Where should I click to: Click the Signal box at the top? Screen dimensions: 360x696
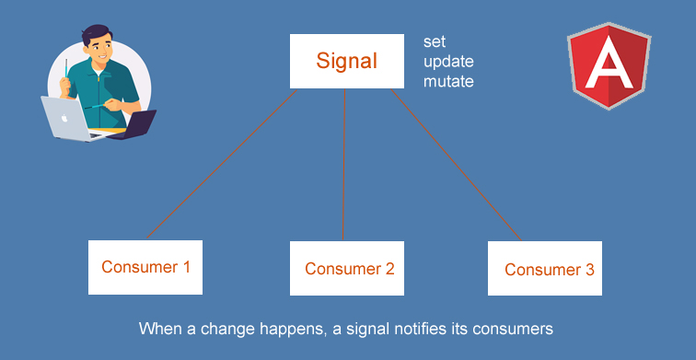[346, 62]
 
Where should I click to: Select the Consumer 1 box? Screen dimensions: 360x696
[145, 268]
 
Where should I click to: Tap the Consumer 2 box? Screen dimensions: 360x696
[349, 269]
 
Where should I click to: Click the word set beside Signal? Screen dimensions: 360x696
[435, 42]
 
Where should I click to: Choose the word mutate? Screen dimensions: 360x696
[448, 82]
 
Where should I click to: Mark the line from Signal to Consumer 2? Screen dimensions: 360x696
[344, 166]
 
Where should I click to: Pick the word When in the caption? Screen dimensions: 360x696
[159, 328]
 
